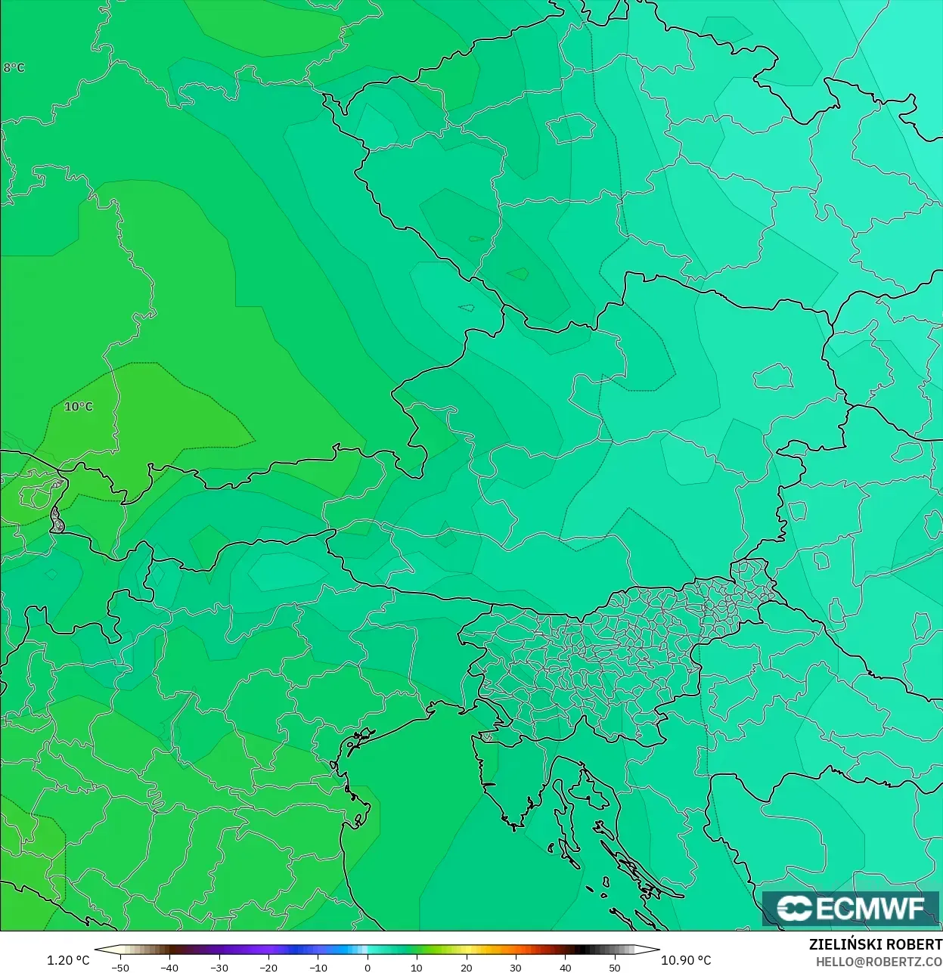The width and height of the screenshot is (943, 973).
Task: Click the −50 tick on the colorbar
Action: pyautogui.click(x=119, y=967)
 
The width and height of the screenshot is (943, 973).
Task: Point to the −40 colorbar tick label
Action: pyautogui.click(x=169, y=967)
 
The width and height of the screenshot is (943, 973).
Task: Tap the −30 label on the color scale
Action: pyautogui.click(x=219, y=967)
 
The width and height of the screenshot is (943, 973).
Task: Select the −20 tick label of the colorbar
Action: pyautogui.click(x=268, y=967)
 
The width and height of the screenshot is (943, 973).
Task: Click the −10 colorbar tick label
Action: pyautogui.click(x=318, y=967)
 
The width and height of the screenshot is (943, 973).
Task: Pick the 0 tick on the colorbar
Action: pyautogui.click(x=368, y=967)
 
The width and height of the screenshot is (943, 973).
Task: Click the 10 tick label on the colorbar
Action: pyautogui.click(x=417, y=967)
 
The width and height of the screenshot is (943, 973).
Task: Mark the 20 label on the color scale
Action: pyautogui.click(x=467, y=967)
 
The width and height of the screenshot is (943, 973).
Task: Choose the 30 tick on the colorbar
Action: pyautogui.click(x=516, y=967)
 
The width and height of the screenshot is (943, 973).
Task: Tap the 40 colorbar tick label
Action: pyautogui.click(x=566, y=967)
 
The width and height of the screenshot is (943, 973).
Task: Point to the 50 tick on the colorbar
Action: pyautogui.click(x=615, y=967)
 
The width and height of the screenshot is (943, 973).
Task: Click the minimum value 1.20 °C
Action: pyautogui.click(x=68, y=960)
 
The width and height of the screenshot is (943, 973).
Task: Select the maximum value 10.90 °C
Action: pyautogui.click(x=686, y=960)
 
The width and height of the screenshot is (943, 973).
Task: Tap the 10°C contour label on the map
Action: pyautogui.click(x=79, y=407)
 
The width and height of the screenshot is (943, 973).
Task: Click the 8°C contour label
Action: pyautogui.click(x=14, y=67)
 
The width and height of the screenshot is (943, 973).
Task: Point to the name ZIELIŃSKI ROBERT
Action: pyautogui.click(x=875, y=944)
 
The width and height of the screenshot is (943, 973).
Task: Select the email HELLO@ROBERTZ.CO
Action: pyautogui.click(x=879, y=962)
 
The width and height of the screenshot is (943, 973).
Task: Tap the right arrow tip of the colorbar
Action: pyautogui.click(x=658, y=950)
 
